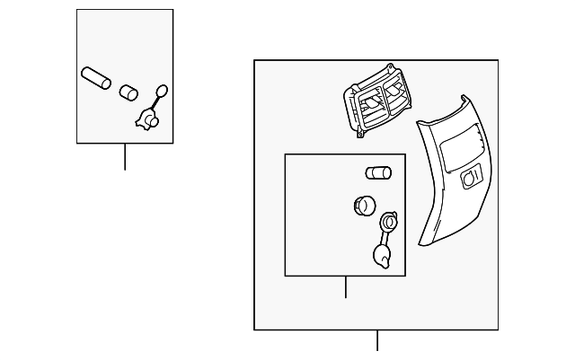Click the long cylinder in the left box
[94, 77]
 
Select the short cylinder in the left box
[128, 92]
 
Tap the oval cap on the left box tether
[162, 90]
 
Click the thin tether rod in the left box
[156, 103]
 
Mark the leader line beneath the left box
[124, 156]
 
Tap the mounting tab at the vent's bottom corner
[360, 134]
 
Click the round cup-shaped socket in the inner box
[363, 206]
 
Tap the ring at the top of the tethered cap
[389, 220]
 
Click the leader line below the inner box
[346, 287]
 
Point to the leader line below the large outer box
[377, 341]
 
